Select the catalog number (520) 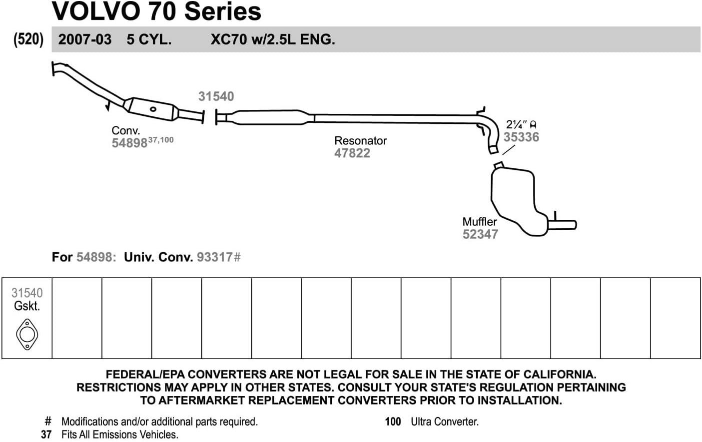28,39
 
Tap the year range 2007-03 84,39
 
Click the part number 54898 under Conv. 129,143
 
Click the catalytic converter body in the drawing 152,109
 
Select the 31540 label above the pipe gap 216,96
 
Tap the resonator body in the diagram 270,118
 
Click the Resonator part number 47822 352,153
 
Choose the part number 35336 521,137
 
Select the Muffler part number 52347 480,234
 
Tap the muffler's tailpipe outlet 565,225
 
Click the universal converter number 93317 215,257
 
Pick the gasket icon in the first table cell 27,334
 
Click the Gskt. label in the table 27,306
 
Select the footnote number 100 393,422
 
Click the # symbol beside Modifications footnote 48,422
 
